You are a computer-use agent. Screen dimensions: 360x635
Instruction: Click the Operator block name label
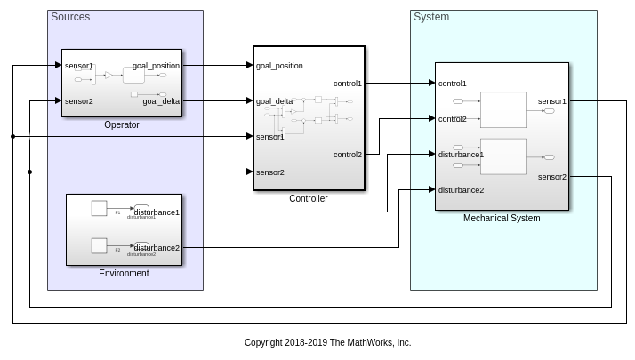point(122,125)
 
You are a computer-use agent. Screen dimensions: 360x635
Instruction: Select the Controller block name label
point(309,198)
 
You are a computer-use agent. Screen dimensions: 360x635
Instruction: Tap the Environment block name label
point(124,273)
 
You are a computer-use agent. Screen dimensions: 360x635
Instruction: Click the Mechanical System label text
point(502,218)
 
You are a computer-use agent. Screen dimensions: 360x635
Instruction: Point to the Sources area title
point(70,17)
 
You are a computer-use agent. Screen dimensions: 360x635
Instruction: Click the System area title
point(431,17)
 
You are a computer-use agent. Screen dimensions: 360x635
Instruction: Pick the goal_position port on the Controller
point(279,66)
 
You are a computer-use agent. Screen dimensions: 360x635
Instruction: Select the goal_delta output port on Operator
point(161,101)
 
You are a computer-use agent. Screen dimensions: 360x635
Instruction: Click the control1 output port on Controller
point(347,84)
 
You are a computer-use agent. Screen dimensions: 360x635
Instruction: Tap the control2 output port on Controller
point(347,155)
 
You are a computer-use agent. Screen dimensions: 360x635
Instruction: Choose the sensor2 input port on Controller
point(270,172)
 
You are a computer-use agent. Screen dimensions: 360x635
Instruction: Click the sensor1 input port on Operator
point(79,66)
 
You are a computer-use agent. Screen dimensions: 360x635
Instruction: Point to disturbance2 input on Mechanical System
point(461,189)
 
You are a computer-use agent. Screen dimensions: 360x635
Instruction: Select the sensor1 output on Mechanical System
point(552,101)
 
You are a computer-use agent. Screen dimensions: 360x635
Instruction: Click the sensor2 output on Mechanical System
point(552,177)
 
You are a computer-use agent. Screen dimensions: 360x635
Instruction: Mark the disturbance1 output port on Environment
point(157,212)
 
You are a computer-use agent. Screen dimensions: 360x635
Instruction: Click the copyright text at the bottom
point(327,342)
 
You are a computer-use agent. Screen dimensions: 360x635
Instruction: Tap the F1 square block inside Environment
point(100,208)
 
